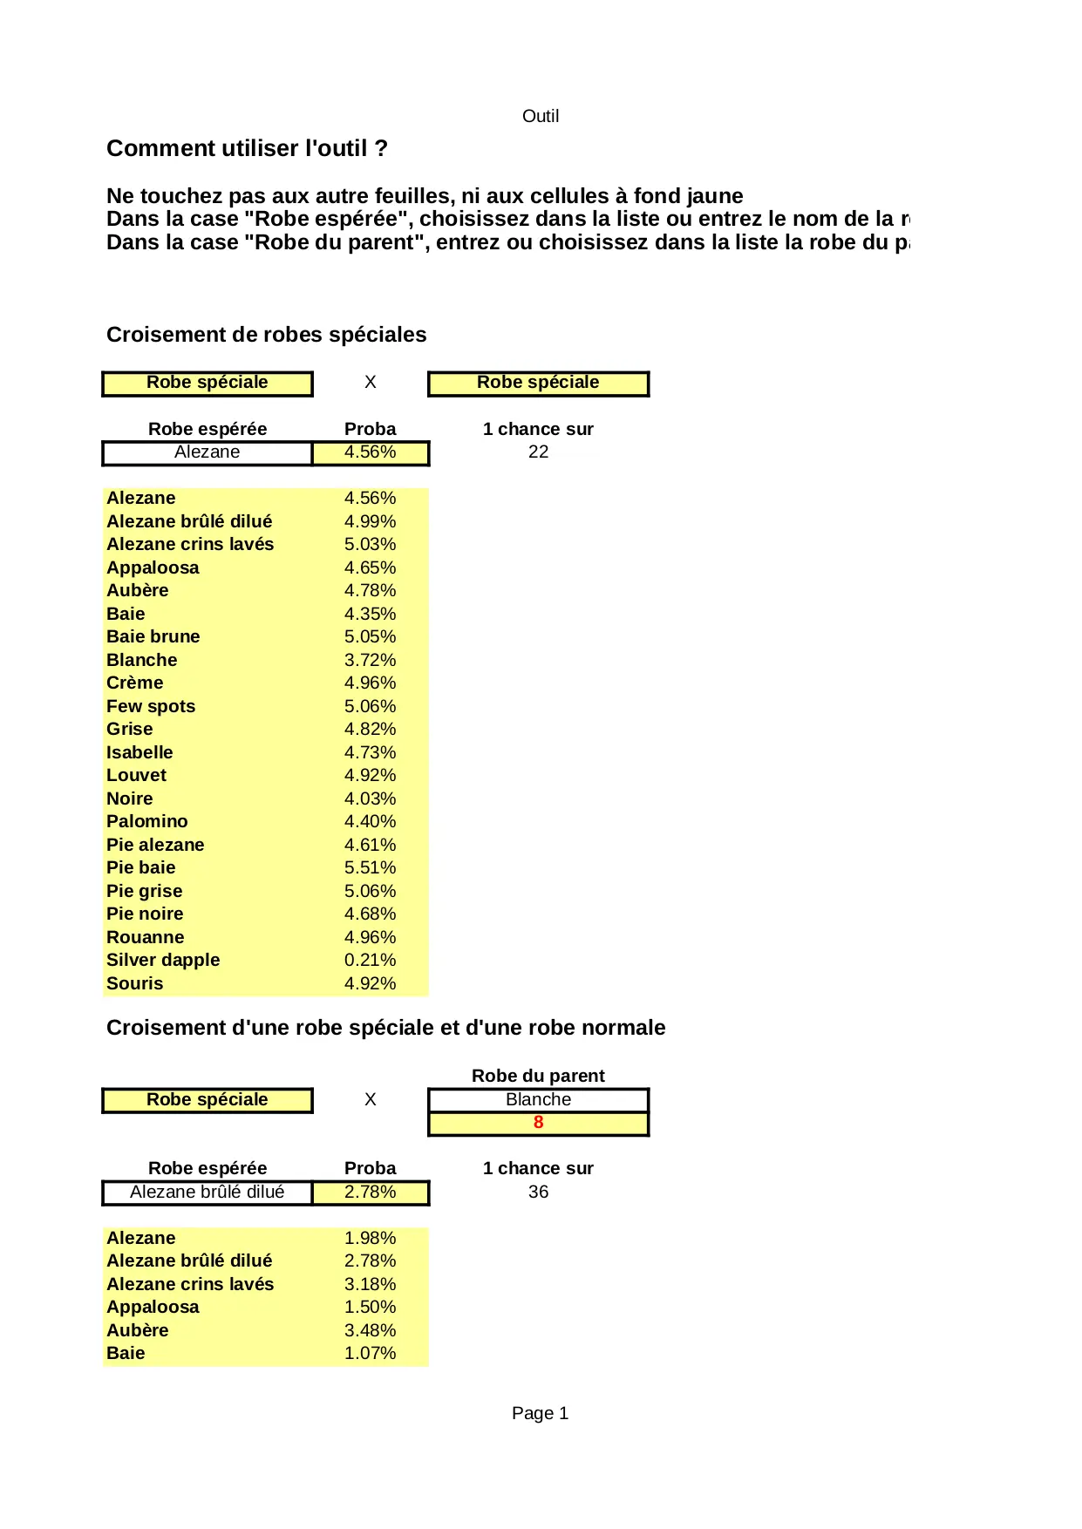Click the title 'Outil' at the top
coord(540,116)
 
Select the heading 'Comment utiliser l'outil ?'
coord(247,148)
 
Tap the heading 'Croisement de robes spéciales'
coord(266,335)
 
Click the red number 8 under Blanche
coord(538,1123)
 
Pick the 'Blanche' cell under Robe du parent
coord(538,1100)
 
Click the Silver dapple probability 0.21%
coord(370,960)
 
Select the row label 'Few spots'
coord(151,706)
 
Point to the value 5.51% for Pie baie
coord(370,867)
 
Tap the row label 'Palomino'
coord(146,821)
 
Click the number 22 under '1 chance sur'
coord(538,452)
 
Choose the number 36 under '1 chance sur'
coord(538,1192)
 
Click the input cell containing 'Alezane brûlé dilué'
coord(207,1192)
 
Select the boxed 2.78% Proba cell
coord(370,1192)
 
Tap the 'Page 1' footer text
coord(540,1413)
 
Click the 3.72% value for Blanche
coord(370,660)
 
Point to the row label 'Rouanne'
coord(145,937)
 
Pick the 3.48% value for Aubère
coord(370,1330)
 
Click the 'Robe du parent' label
coord(538,1076)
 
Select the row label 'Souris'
coord(134,983)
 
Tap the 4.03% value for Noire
coord(370,798)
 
